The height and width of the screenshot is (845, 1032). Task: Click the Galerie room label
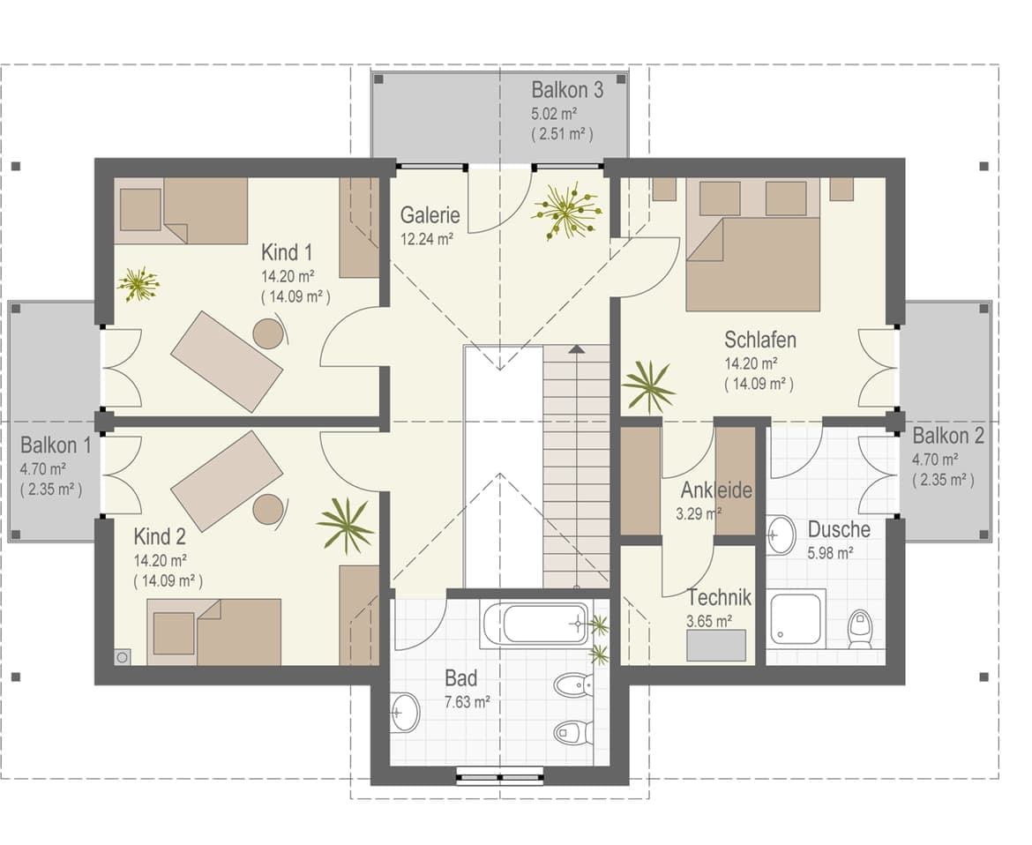(430, 215)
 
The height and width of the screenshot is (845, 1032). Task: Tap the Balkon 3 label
(567, 89)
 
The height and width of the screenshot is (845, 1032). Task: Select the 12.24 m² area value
(427, 239)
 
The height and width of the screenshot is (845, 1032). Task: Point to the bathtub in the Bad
(535, 623)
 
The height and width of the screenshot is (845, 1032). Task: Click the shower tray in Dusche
(797, 618)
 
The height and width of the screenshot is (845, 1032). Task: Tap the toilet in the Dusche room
(860, 629)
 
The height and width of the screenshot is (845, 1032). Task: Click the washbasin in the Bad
(406, 712)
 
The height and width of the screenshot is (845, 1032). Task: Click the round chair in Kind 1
(268, 333)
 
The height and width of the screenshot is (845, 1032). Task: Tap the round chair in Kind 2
(268, 509)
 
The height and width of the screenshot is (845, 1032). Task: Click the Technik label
(720, 597)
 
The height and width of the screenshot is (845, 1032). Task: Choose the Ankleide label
(716, 490)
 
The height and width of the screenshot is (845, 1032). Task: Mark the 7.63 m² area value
(467, 702)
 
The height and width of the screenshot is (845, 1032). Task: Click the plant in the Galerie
(566, 212)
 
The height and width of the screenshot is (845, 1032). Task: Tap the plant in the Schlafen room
(649, 387)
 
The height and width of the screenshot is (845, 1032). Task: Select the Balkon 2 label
(948, 436)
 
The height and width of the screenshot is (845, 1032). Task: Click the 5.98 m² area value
(831, 553)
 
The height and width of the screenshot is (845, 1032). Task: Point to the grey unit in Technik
(717, 645)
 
